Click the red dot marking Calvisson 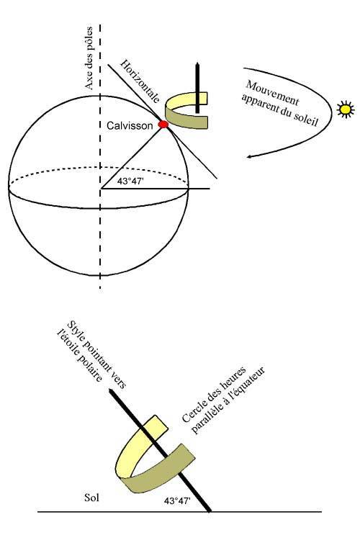click(x=163, y=124)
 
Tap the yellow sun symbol click(x=346, y=109)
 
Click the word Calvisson click(x=130, y=125)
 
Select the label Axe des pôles click(x=89, y=58)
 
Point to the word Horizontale click(x=140, y=81)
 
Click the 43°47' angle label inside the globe click(x=130, y=181)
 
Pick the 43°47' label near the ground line click(x=176, y=501)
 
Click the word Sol click(x=91, y=498)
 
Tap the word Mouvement click(x=273, y=94)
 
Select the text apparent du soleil click(x=280, y=109)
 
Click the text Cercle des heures click(x=214, y=395)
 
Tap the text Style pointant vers click(x=96, y=354)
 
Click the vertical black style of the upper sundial click(x=197, y=87)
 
